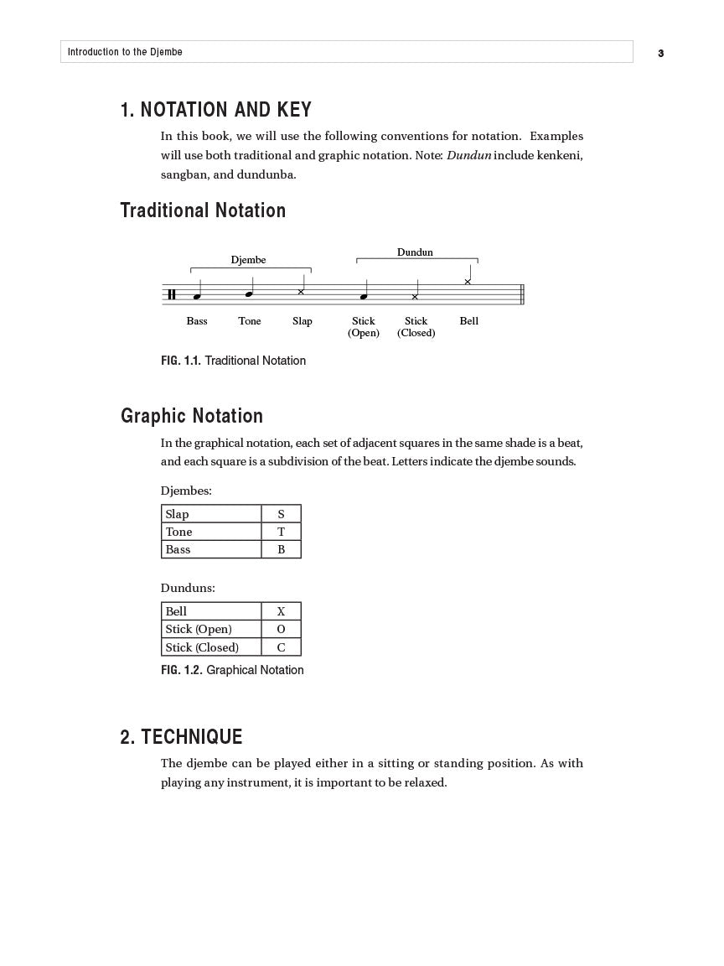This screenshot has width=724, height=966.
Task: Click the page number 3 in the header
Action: pyautogui.click(x=660, y=53)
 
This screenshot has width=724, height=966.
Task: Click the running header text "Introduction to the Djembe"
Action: pyautogui.click(x=125, y=52)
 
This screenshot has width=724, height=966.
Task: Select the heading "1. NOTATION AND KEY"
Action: pyautogui.click(x=215, y=110)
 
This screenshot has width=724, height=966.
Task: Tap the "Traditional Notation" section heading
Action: pyautogui.click(x=203, y=210)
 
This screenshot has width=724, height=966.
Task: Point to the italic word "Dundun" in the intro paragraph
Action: pyautogui.click(x=468, y=155)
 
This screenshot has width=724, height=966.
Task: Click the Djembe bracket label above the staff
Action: pyautogui.click(x=248, y=260)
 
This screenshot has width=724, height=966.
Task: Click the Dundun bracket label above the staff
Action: pyautogui.click(x=415, y=252)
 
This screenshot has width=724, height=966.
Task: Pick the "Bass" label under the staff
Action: pyautogui.click(x=197, y=321)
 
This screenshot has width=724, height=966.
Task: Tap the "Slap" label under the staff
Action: pyautogui.click(x=303, y=321)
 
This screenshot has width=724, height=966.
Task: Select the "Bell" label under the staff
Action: pyautogui.click(x=469, y=321)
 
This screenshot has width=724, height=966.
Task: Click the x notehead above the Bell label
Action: pyautogui.click(x=468, y=282)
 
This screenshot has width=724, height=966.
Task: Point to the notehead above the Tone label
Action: pyautogui.click(x=249, y=294)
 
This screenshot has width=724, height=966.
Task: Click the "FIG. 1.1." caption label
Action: pyautogui.click(x=180, y=361)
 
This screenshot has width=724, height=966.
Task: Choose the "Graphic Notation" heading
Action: pyautogui.click(x=192, y=416)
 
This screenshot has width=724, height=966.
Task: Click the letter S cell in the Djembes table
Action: pyautogui.click(x=281, y=514)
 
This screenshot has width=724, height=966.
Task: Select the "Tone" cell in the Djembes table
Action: pyautogui.click(x=211, y=532)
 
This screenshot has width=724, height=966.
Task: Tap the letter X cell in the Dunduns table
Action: pyautogui.click(x=281, y=611)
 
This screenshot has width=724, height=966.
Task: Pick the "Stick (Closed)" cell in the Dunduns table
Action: pyautogui.click(x=211, y=647)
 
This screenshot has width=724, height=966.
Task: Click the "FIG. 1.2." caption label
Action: pyautogui.click(x=181, y=670)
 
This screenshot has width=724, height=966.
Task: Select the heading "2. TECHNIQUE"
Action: pyautogui.click(x=181, y=737)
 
